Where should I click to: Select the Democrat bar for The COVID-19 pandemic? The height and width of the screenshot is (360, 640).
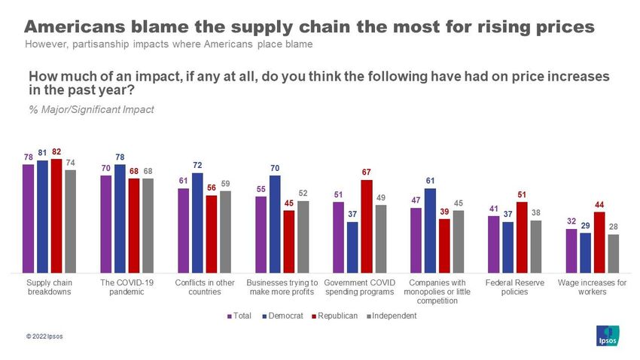(x=120, y=218)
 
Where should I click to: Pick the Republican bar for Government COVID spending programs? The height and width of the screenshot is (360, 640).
(x=367, y=226)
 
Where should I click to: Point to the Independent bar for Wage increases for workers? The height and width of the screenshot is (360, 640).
(x=614, y=254)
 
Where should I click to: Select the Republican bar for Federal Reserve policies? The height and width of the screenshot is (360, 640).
(x=522, y=237)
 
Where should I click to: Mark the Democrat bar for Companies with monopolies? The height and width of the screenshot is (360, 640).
(x=430, y=230)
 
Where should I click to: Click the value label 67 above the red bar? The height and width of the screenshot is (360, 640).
(x=367, y=172)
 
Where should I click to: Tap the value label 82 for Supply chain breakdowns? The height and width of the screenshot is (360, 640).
(x=56, y=151)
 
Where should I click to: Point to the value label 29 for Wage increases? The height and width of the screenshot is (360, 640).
(x=586, y=225)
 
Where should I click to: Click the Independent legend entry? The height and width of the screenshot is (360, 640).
(x=390, y=316)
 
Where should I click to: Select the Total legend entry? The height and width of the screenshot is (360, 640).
(x=240, y=316)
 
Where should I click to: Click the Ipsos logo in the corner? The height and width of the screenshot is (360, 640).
(x=607, y=336)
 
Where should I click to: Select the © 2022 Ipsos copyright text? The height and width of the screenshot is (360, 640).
(x=44, y=336)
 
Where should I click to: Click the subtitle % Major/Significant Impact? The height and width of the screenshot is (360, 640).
(x=91, y=110)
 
